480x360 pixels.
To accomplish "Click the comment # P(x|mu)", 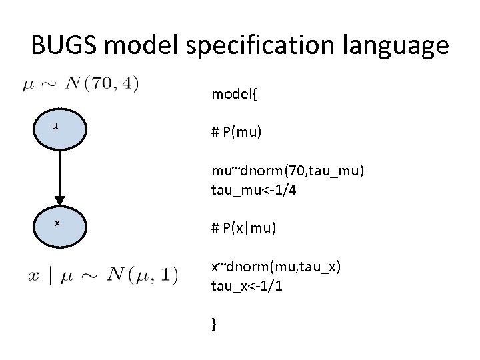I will pyautogui.click(x=243, y=228).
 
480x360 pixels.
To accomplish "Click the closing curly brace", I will pyautogui.click(x=214, y=324).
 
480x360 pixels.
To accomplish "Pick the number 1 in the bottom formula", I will pyautogui.click(x=173, y=275).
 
